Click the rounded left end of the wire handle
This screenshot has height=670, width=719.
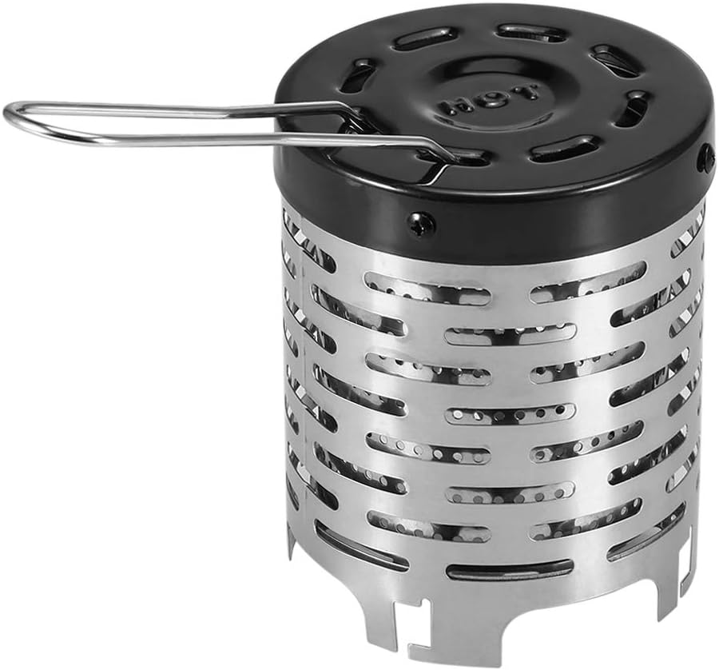(x=11, y=114)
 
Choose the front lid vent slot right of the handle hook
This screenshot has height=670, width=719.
(x=563, y=148)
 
